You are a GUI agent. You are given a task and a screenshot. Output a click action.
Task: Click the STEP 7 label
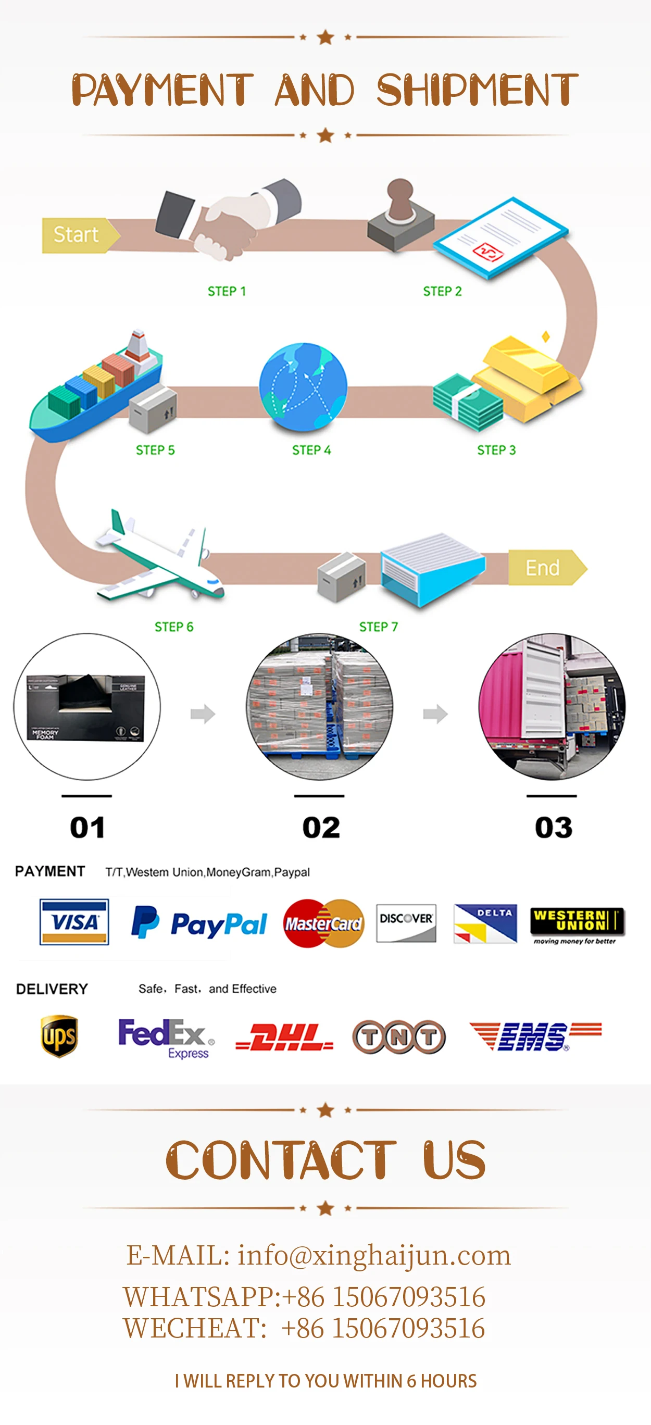tap(378, 627)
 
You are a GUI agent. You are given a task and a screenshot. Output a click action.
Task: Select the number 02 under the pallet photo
tap(321, 828)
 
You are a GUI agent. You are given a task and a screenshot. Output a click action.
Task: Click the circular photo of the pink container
tap(552, 707)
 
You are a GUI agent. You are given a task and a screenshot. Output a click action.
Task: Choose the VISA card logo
tap(74, 921)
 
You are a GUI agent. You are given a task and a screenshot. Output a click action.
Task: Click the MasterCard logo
tap(323, 923)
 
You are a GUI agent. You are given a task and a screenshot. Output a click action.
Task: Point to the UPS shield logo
tap(59, 1036)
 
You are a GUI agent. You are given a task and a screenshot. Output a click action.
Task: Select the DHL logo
tap(284, 1037)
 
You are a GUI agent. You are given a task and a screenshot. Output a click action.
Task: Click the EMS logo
tap(534, 1036)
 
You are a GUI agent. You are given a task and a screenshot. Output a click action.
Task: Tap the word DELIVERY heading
tap(52, 989)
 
